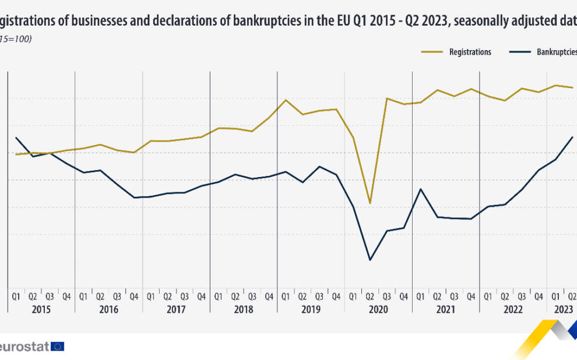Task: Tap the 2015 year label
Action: point(41,310)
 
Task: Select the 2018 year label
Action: point(243,310)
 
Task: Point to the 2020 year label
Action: point(378,310)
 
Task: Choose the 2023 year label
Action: point(563,310)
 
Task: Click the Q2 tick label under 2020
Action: point(370,297)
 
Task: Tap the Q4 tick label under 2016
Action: point(134,297)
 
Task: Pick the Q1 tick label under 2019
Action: point(286,297)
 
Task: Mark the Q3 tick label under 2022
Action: point(522,297)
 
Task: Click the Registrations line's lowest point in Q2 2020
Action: point(370,203)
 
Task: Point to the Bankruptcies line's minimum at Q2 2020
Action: point(370,260)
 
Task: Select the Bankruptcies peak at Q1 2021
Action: point(420,189)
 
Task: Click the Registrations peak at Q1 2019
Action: point(286,100)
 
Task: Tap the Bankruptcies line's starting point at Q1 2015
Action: point(16,137)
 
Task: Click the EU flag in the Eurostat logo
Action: point(58,346)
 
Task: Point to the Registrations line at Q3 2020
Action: point(387,98)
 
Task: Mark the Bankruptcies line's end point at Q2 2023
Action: point(573,137)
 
